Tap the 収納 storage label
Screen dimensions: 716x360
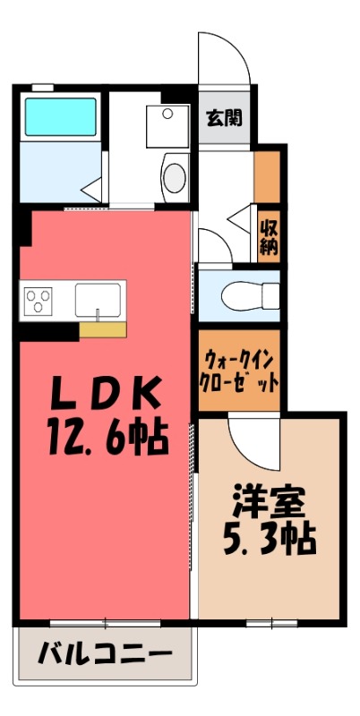[x=268, y=236]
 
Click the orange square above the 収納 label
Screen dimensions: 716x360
[x=267, y=176]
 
